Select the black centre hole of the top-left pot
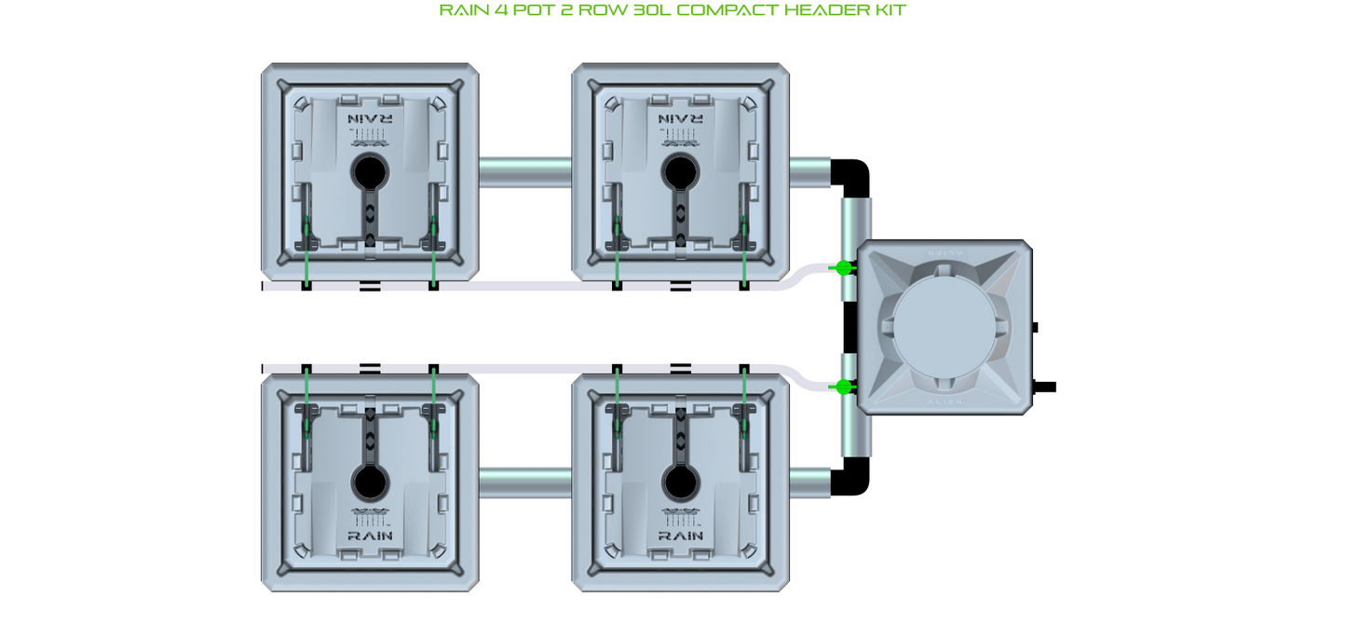(x=370, y=171)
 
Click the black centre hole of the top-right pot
(x=681, y=171)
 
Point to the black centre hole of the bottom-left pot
(x=370, y=482)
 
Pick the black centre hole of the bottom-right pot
(x=681, y=482)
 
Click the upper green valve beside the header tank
(x=843, y=268)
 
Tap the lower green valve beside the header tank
(x=843, y=387)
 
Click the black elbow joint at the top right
(x=853, y=176)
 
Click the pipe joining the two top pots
(x=525, y=172)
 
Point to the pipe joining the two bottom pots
(x=525, y=482)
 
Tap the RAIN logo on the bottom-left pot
(x=370, y=536)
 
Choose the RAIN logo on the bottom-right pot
(x=681, y=536)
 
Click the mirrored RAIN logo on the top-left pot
(x=370, y=119)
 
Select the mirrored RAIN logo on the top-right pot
(x=681, y=119)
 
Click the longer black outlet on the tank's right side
(x=1044, y=387)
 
